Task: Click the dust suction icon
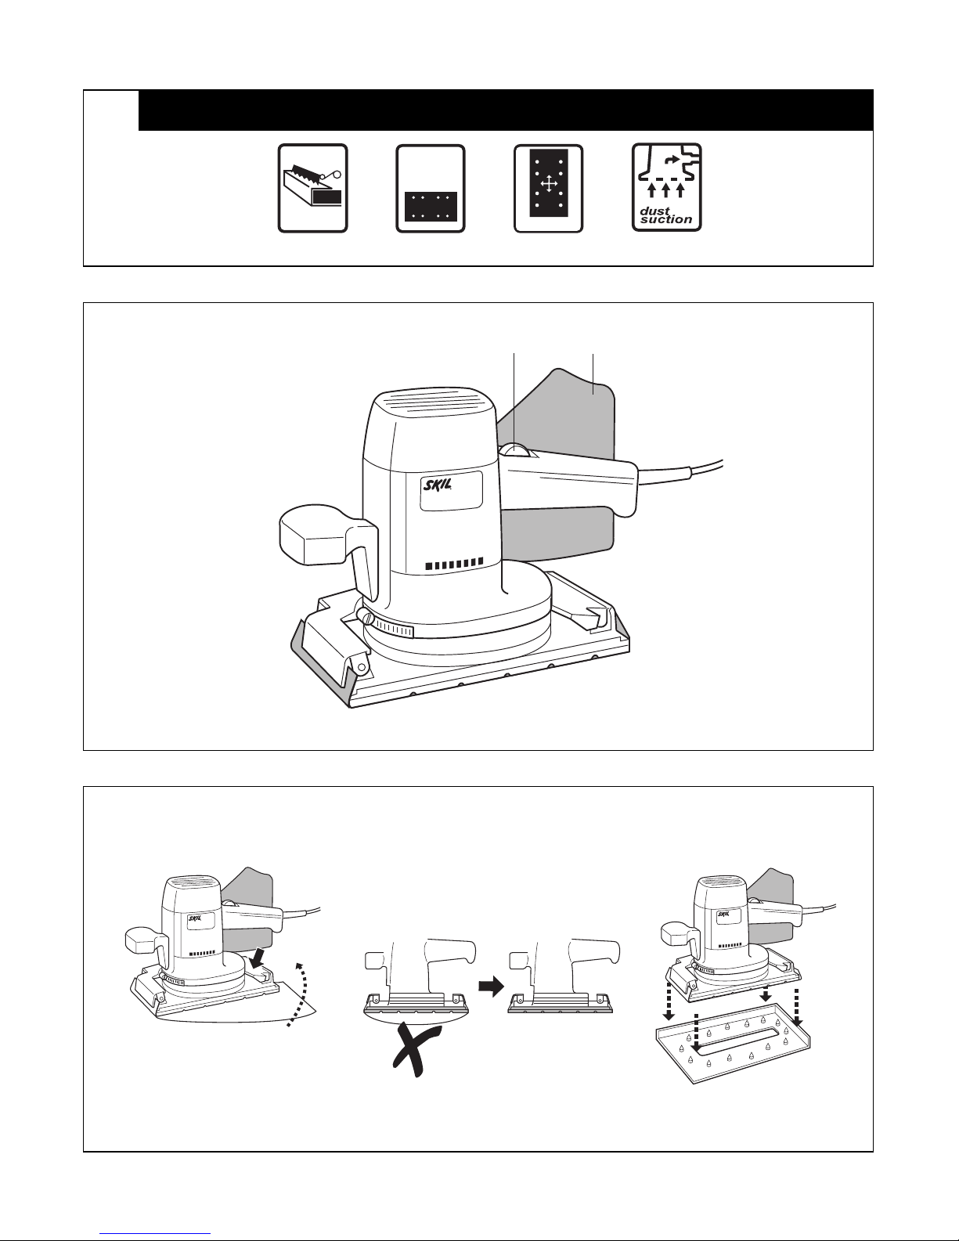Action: tap(666, 187)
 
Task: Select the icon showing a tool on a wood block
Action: tap(312, 188)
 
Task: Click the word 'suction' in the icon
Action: tap(665, 219)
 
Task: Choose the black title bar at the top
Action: tap(505, 110)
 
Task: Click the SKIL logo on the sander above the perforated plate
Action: tap(724, 913)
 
